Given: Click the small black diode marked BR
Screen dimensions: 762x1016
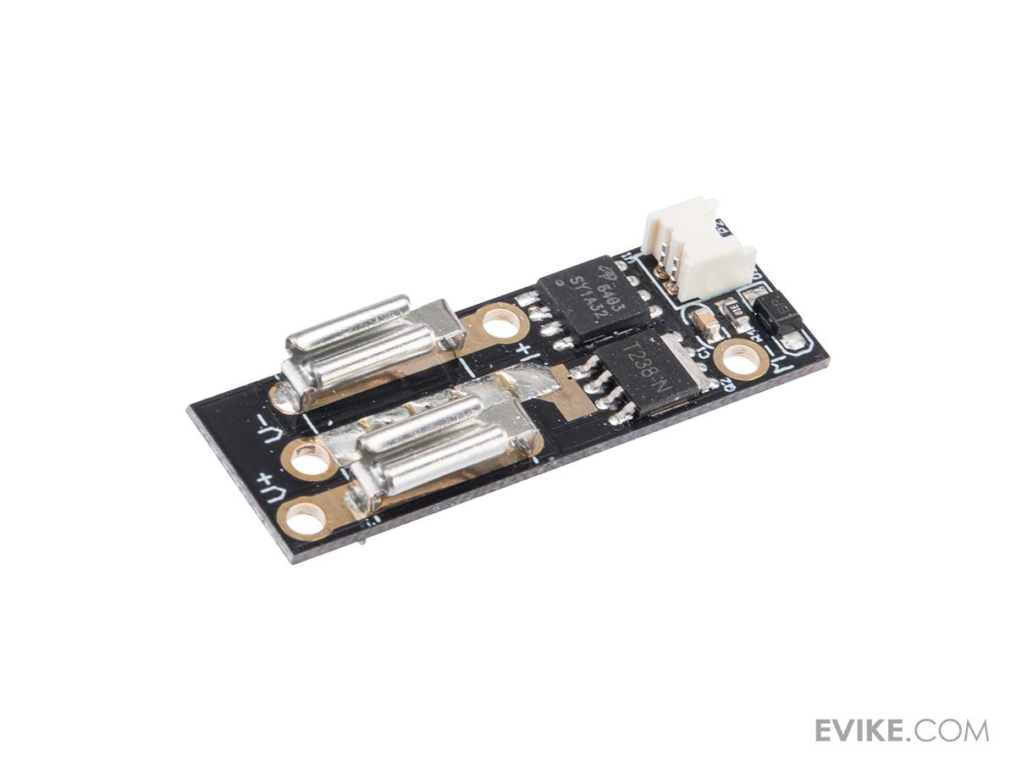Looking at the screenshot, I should (776, 316).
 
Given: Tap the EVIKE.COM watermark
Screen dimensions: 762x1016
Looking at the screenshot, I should (901, 730).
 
